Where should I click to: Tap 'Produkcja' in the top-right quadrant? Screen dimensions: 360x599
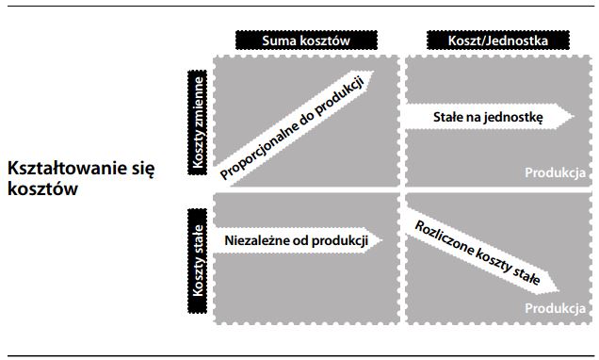(555, 173)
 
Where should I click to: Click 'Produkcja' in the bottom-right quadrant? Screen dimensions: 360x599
(555, 308)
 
